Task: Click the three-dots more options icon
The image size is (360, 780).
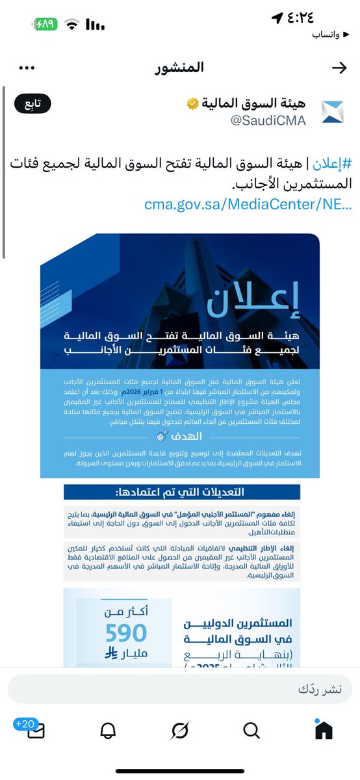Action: (x=27, y=68)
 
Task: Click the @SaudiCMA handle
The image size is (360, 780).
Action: (x=268, y=120)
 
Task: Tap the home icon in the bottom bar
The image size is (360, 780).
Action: (x=323, y=731)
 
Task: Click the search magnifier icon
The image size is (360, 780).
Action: (x=251, y=731)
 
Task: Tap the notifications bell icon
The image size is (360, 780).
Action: (x=108, y=731)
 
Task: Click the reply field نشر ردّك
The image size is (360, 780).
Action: (x=180, y=689)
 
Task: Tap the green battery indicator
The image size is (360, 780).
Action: (x=46, y=25)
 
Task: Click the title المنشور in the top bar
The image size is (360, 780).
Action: (x=180, y=68)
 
